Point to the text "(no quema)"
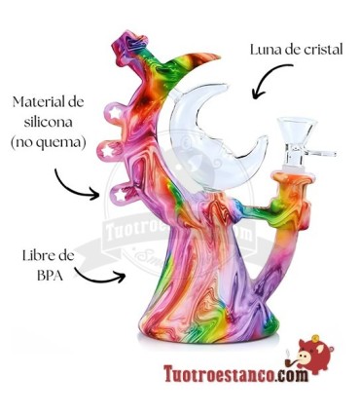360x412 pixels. (x=49, y=141)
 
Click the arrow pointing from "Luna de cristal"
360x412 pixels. (x=270, y=81)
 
